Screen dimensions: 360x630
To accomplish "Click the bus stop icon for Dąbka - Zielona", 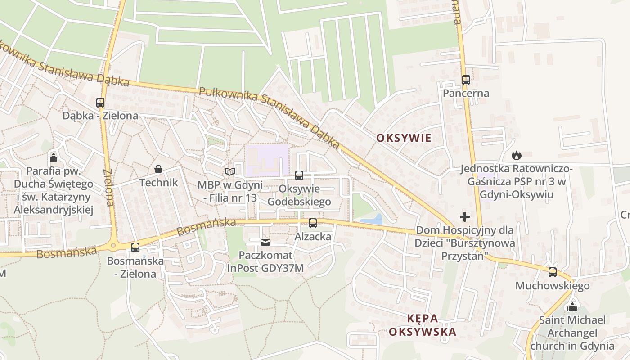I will [100, 103].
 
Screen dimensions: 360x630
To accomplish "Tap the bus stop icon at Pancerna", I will [466, 80].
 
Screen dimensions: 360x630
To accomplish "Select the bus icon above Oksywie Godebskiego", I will [299, 175].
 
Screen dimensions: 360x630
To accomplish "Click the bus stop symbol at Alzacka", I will [313, 223].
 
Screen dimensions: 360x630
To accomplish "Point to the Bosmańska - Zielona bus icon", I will [135, 247].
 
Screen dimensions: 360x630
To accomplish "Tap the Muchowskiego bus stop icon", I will [553, 272].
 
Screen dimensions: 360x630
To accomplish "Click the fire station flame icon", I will [516, 156].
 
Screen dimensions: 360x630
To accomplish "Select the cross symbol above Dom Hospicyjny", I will [465, 217].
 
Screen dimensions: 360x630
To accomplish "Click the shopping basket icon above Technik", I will [158, 169].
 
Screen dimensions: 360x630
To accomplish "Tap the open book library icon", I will [230, 171].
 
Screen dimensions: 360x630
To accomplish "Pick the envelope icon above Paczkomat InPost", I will [265, 243].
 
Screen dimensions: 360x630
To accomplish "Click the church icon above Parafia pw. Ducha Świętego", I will [54, 157].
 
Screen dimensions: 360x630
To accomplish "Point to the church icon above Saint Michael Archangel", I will [572, 307].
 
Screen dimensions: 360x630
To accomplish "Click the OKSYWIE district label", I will [404, 138].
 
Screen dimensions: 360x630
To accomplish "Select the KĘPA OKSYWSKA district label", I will [423, 325].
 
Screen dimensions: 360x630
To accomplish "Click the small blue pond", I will [372, 220].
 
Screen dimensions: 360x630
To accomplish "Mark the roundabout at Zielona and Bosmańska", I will [113, 246].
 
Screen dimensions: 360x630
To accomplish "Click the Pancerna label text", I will [466, 94].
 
